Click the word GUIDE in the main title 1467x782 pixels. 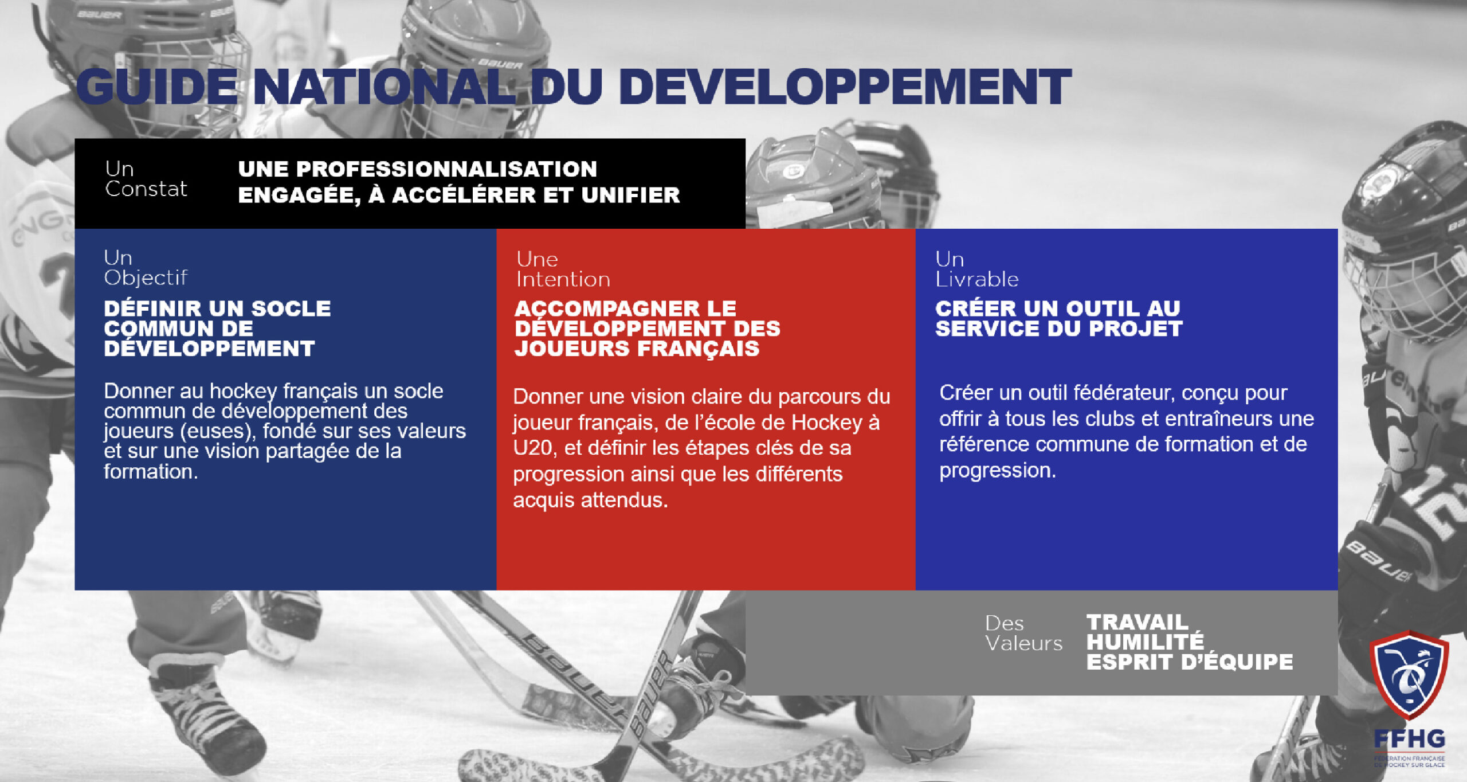coord(157,87)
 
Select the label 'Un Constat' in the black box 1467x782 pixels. coord(146,179)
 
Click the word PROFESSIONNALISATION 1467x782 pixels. coord(418,169)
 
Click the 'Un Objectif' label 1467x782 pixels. coord(146,268)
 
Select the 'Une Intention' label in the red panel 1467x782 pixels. coord(563,269)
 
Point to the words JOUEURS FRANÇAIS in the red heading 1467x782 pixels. coord(637,349)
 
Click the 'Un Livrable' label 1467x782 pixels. coord(977,269)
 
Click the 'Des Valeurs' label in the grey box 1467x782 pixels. coord(1023,633)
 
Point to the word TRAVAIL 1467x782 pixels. coord(1137,622)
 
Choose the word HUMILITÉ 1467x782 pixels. coord(1146,642)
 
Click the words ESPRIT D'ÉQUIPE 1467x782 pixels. coord(1190,662)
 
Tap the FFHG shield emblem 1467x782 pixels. coord(1409,674)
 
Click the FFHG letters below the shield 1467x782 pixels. coord(1409,738)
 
